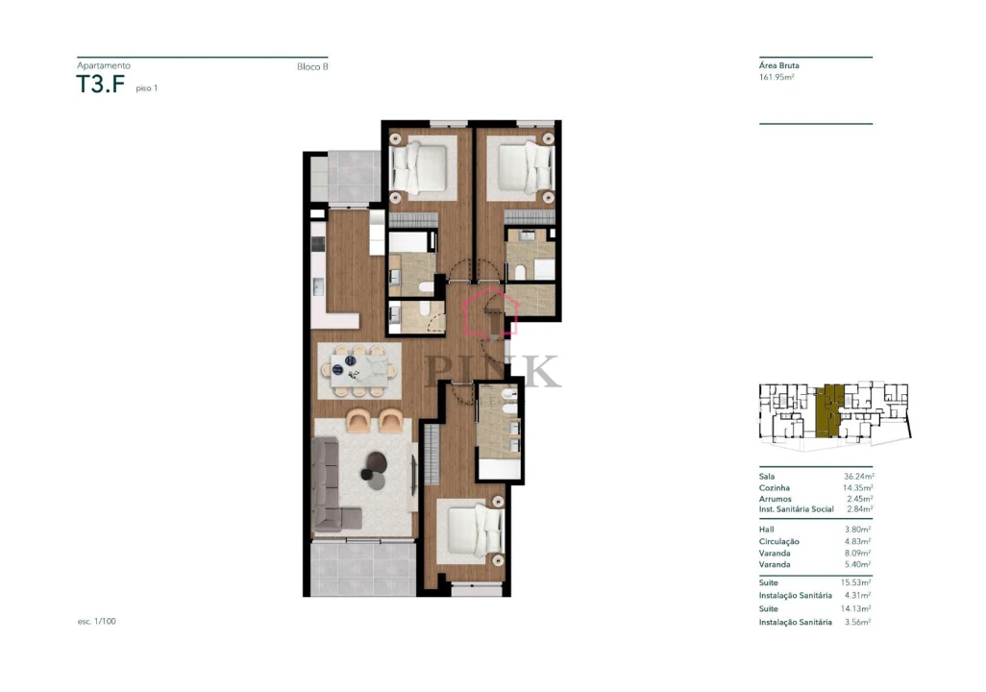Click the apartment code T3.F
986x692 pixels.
101,85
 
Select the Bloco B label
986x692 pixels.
312,66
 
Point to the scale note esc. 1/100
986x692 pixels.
97,622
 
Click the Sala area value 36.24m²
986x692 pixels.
857,476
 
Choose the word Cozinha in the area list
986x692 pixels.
775,487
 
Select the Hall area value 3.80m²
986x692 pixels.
857,530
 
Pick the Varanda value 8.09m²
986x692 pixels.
857,553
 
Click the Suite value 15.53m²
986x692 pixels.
856,582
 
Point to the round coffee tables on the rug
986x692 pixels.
373,466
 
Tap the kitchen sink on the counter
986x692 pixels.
318,285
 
